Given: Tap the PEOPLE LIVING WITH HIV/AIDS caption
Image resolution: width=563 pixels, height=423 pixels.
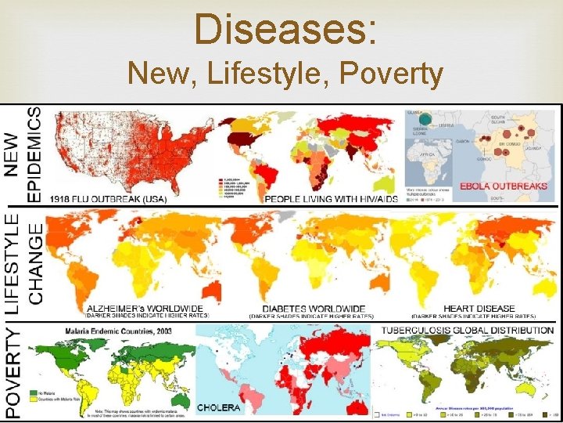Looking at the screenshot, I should click(x=332, y=199).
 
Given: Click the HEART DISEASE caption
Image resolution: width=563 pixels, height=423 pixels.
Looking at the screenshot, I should click(x=479, y=308).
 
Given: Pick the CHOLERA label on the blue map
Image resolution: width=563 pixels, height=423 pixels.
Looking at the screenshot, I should click(x=219, y=407).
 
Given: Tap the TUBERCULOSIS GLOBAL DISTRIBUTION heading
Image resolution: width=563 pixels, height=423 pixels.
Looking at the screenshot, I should click(x=467, y=330).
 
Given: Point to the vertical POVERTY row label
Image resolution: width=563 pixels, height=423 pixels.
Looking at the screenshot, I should click(x=14, y=373).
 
